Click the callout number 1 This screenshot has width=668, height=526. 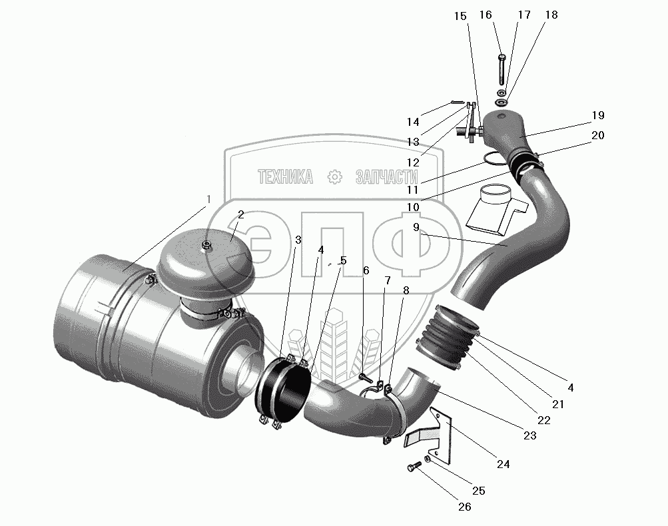tap(208, 199)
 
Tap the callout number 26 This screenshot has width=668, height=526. tap(465, 507)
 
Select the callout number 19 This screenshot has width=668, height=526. tap(598, 115)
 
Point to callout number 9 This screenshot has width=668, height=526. tap(416, 227)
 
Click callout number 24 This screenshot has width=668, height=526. tap(503, 464)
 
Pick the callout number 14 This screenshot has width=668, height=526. tap(413, 123)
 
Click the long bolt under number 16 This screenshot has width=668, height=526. tap(502, 69)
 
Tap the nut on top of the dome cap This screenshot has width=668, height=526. tap(206, 245)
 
